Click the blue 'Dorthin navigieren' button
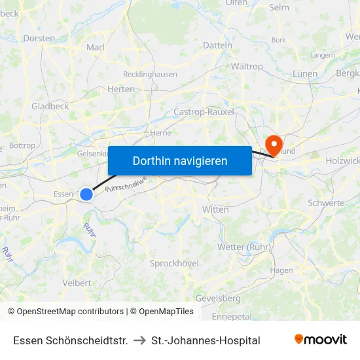[x=179, y=160]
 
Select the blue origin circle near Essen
[x=86, y=194]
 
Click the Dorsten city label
[x=39, y=39]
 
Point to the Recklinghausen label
[x=150, y=75]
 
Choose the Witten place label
[x=215, y=209]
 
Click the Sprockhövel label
[x=174, y=262]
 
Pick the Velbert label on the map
[x=77, y=283]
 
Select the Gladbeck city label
[x=50, y=106]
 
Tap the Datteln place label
[x=218, y=45]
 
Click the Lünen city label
[x=305, y=74]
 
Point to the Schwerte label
[x=326, y=203]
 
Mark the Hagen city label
[x=281, y=270]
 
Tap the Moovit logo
[x=321, y=340]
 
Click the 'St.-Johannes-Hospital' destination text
[x=206, y=340]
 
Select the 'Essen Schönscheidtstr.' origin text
[x=70, y=340]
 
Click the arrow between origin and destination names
[x=139, y=340]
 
